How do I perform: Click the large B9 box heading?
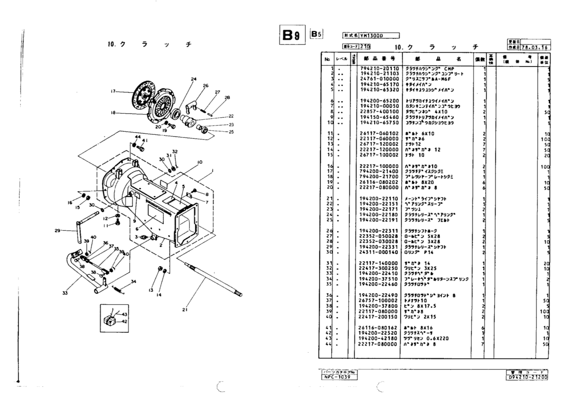click(292, 35)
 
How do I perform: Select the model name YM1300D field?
click(379, 36)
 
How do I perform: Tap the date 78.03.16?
click(535, 47)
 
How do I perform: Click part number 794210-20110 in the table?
click(379, 69)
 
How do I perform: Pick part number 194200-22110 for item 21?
click(379, 198)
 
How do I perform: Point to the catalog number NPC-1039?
click(339, 377)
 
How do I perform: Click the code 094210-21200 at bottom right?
click(527, 377)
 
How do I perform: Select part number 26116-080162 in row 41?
click(378, 327)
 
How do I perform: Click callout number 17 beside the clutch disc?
click(113, 91)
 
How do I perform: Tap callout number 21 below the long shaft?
click(185, 310)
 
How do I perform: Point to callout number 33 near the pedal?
click(65, 293)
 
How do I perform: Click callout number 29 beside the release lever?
click(57, 230)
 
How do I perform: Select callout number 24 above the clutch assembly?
click(194, 79)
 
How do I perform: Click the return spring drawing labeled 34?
click(118, 289)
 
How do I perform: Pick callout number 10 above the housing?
click(199, 162)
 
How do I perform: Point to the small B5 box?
click(316, 34)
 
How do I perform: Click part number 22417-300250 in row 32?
click(378, 268)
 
